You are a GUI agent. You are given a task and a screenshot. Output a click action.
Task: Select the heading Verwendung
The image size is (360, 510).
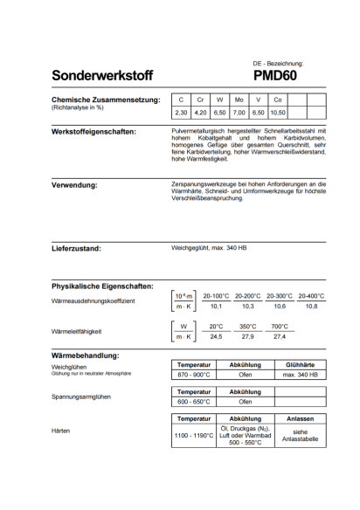pos(75,185)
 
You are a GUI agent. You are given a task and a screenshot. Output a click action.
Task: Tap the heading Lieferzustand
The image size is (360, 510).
pos(77,248)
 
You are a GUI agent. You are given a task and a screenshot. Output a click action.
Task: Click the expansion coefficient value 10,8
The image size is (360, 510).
pos(311,307)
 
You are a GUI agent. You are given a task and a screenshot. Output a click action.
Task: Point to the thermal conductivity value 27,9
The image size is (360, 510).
pos(247,336)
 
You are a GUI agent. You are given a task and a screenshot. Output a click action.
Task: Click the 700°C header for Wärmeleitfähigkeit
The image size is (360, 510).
pos(279,326)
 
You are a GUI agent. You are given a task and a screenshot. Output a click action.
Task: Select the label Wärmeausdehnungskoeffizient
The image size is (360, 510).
pos(94,300)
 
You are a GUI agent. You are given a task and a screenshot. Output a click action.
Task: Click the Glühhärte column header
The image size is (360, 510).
pos(300,363)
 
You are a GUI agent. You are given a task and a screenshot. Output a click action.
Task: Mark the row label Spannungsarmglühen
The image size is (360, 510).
pos(81,396)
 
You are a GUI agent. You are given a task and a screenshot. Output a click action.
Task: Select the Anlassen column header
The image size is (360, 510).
pos(300,419)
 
